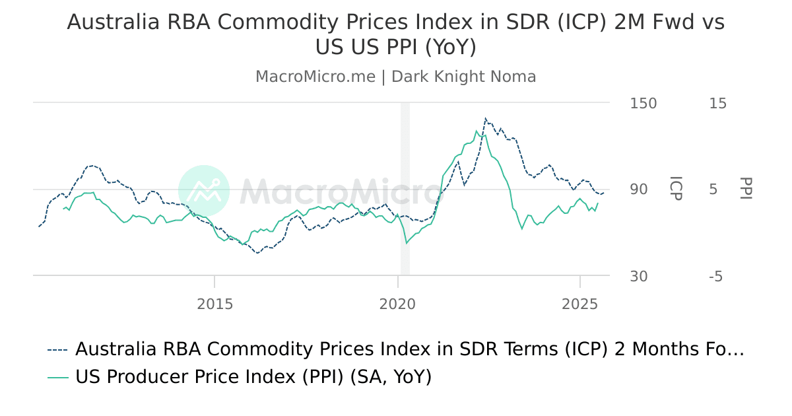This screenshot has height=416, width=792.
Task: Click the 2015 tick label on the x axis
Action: [214, 304]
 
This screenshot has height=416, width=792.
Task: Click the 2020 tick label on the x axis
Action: [397, 304]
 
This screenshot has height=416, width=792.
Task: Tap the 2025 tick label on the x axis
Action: [579, 304]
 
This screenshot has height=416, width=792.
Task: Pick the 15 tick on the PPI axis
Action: [717, 104]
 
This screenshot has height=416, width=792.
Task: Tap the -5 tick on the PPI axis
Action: [716, 276]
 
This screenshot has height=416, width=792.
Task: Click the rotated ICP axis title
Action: [675, 189]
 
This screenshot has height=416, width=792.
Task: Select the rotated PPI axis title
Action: [746, 189]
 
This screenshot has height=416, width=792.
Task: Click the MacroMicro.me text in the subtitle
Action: [315, 77]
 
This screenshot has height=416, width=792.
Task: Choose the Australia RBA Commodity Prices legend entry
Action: [409, 349]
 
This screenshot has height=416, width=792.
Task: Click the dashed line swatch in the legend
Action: [57, 349]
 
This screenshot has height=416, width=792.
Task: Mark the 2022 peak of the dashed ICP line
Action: [485, 120]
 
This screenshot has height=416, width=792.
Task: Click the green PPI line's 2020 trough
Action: [407, 243]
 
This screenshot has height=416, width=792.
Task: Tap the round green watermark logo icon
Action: [204, 191]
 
